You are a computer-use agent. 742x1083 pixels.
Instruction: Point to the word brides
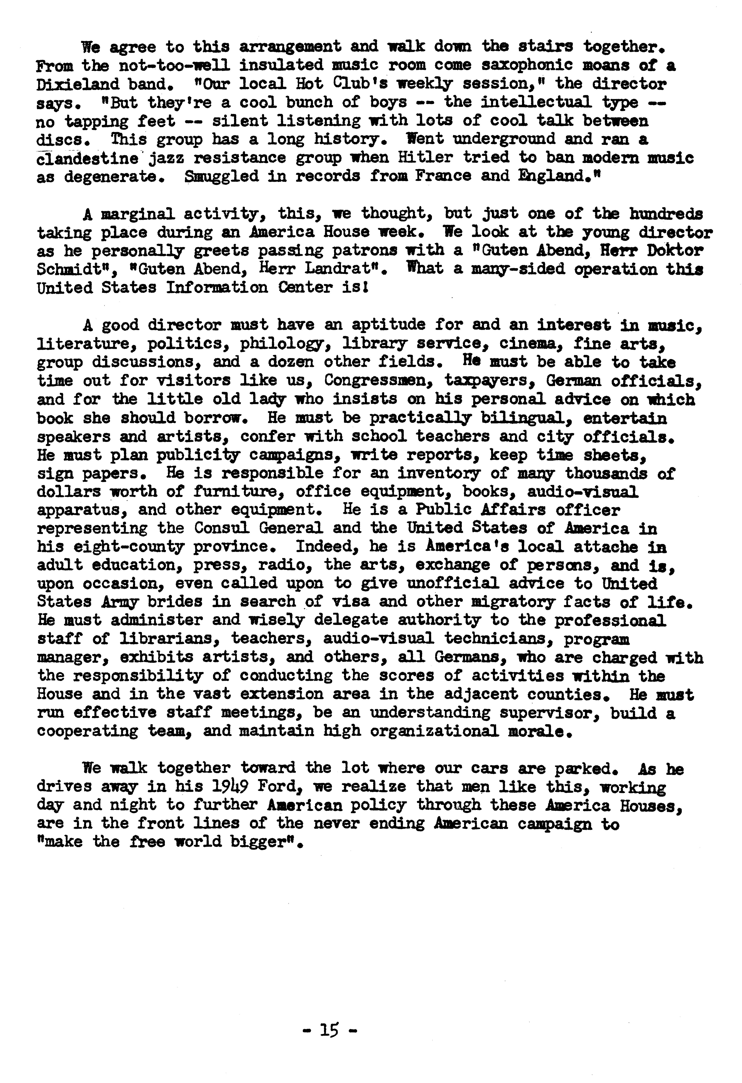click(175, 602)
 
